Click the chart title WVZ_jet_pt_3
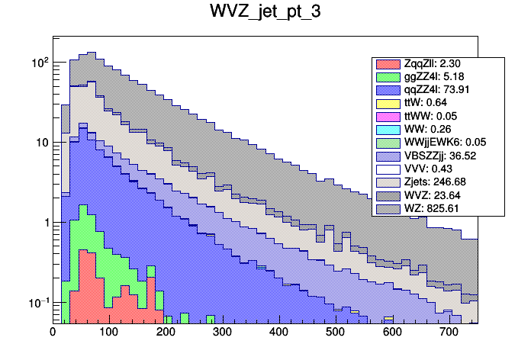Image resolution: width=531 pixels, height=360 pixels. click(265, 13)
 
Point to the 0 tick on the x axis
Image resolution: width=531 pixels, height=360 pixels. click(53, 333)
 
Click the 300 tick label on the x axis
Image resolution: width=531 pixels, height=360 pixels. click(222, 333)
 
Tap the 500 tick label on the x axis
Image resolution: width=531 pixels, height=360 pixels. click(335, 333)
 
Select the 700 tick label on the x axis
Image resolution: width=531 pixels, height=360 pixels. click(448, 333)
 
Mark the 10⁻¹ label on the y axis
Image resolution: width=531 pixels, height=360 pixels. click(37, 303)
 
